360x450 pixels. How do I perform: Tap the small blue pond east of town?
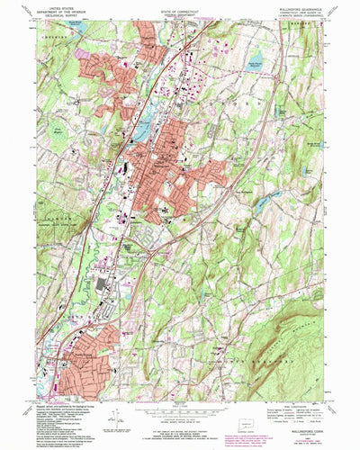(x=262, y=205)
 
